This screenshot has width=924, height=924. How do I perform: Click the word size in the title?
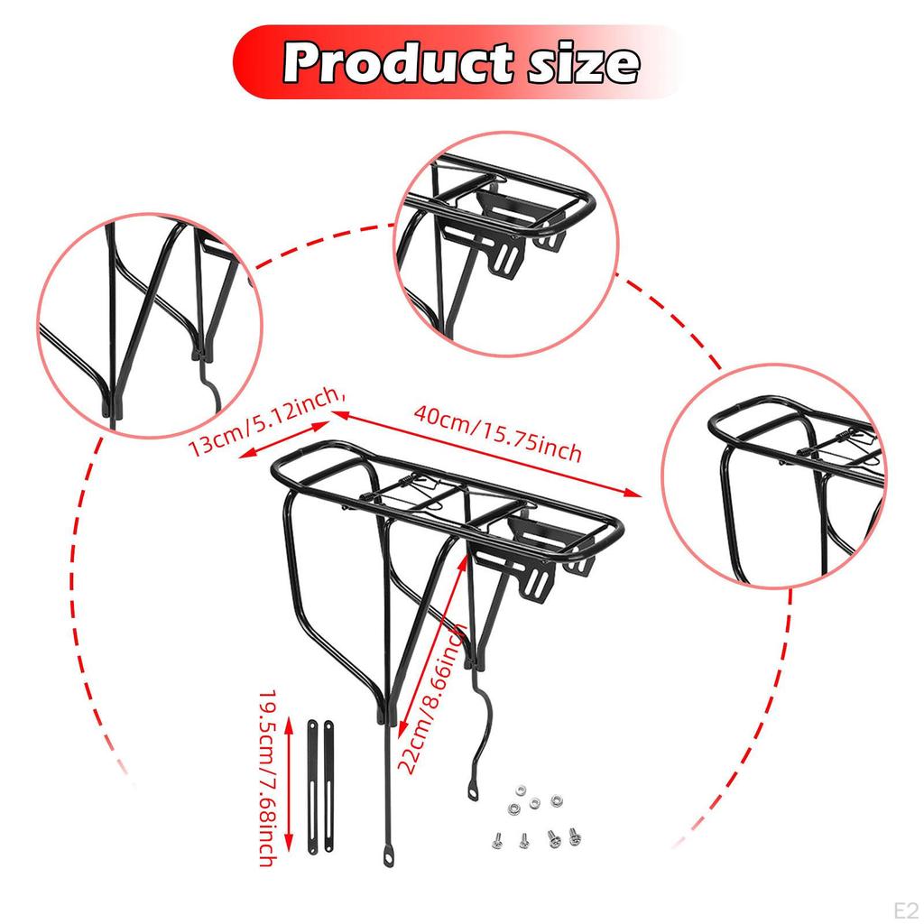click(x=577, y=63)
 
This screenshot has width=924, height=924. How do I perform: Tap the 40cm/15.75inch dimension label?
click(x=497, y=434)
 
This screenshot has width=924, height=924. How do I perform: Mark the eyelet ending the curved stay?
click(x=472, y=793)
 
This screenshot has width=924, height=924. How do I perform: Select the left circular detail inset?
click(x=149, y=325)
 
